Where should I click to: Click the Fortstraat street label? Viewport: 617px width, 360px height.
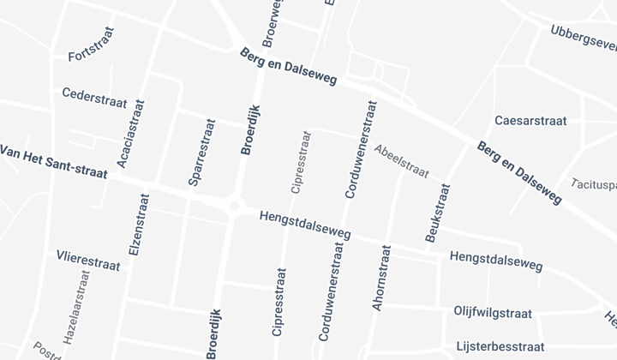91,57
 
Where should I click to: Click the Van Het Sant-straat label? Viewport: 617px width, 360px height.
53,161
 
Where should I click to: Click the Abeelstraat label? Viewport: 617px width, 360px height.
401,160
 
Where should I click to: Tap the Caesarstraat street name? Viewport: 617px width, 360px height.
530,121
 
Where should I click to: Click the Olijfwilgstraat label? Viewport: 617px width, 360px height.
494,314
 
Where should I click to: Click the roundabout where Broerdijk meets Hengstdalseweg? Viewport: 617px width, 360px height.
234,206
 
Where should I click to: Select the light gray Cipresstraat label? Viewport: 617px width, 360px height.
300,162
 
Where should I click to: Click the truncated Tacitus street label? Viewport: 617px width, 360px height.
595,183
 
